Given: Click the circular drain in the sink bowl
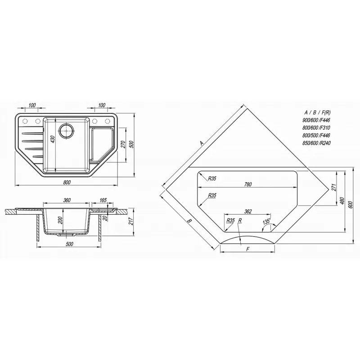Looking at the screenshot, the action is pos(67,130).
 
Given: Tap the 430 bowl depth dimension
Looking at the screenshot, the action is pos(53,140).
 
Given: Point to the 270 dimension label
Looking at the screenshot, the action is pos(123,144).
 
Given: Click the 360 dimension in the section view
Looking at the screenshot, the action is pos(66,200).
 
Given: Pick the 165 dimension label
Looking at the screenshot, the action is pos(103,200).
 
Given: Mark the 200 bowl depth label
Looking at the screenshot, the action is pos(60,220).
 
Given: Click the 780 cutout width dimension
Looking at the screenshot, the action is pos(248,184).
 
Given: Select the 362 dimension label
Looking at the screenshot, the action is pos(248,211).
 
